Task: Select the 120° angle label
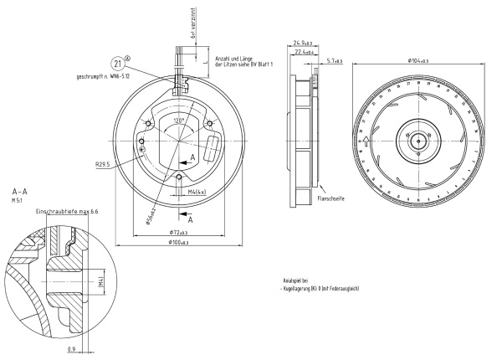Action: click(x=178, y=120)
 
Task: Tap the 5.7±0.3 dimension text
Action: click(x=333, y=60)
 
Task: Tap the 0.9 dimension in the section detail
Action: click(x=73, y=347)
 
